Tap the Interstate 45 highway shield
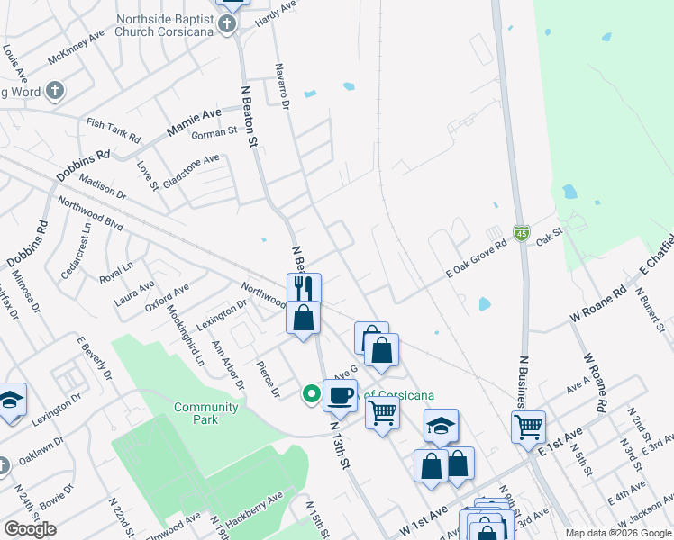522,233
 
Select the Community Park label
206,413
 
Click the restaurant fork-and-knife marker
304,288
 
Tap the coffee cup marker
340,394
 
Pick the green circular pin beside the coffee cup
312,393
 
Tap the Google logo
30,529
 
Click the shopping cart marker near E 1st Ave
528,426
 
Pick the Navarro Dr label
281,86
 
